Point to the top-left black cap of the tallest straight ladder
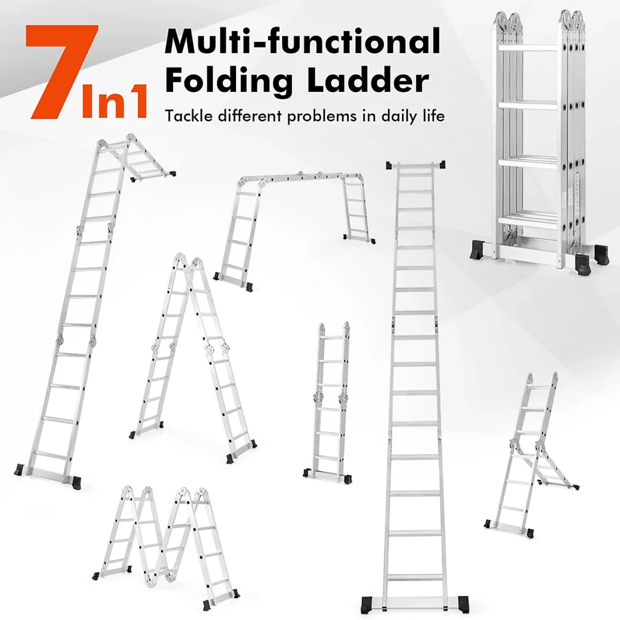tap(390, 165)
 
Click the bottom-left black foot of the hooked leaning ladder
tap(19, 470)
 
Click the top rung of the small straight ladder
tap(334, 339)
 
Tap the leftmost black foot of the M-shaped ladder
tap(96, 575)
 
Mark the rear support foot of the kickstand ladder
tap(574, 487)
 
